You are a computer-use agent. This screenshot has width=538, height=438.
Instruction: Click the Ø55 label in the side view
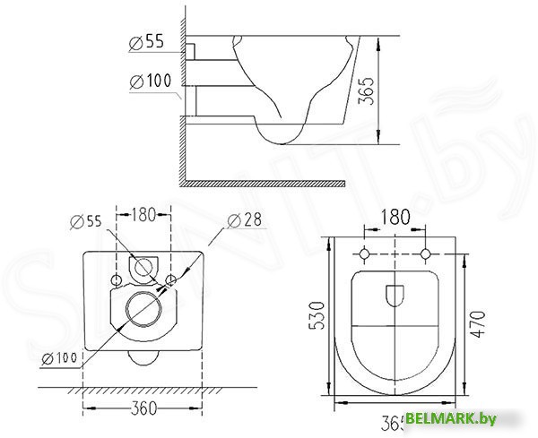click(147, 41)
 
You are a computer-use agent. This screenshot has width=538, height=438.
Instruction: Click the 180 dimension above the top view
click(395, 218)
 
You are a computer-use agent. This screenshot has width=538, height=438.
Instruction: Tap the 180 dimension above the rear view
click(143, 214)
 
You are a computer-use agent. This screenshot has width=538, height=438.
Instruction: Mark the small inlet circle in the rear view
click(143, 266)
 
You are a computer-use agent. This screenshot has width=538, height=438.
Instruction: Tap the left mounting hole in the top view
click(365, 254)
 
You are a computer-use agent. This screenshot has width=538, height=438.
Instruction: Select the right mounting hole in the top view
click(426, 254)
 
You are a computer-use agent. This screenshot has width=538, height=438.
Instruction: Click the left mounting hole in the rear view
click(117, 280)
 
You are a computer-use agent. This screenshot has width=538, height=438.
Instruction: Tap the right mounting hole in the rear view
click(170, 280)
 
